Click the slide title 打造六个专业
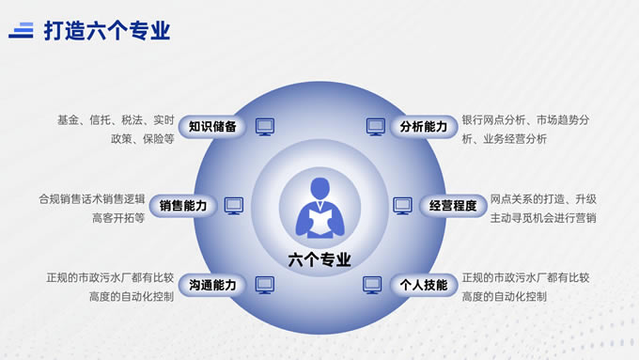[x=107, y=31]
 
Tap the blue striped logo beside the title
[x=22, y=31]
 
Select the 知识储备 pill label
[x=212, y=126]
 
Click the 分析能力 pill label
[x=424, y=126]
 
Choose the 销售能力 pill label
[x=183, y=206]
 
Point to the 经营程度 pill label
[x=453, y=206]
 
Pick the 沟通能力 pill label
[x=212, y=285]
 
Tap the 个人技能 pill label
[x=424, y=285]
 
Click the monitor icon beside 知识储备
[x=265, y=127]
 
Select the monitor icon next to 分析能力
[x=376, y=127]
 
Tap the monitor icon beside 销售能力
[x=234, y=206]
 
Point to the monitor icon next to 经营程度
[x=402, y=206]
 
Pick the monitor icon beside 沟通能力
[x=265, y=285]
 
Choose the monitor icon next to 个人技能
[x=372, y=285]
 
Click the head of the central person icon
[x=319, y=188]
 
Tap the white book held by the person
[x=320, y=222]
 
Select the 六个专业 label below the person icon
[x=319, y=259]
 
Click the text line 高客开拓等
[x=118, y=218]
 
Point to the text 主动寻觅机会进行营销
[x=543, y=218]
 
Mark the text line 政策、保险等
[x=143, y=139]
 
